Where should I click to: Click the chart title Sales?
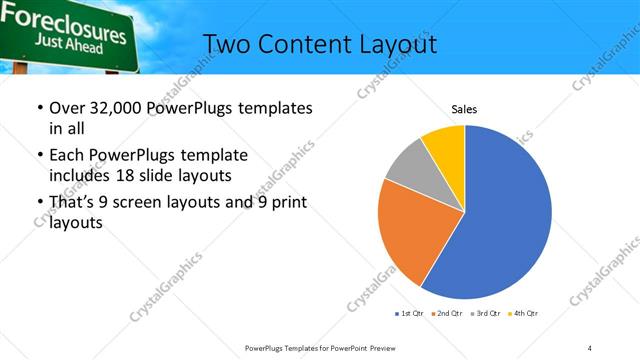pyautogui.click(x=464, y=108)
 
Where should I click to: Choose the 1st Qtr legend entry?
pyautogui.click(x=410, y=314)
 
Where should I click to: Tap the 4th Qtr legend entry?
pyautogui.click(x=524, y=314)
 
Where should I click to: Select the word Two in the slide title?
pyautogui.click(x=226, y=45)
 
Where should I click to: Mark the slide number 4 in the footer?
pyautogui.click(x=589, y=347)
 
